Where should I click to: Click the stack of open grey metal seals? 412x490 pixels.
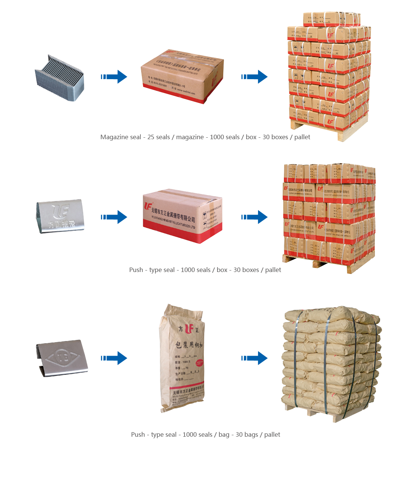tap(60, 78)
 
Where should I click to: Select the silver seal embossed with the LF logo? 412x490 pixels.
tap(60, 216)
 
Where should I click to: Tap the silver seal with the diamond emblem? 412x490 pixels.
tap(62, 358)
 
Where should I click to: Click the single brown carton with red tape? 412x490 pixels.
tap(182, 76)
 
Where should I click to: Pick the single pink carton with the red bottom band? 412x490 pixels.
tap(182, 216)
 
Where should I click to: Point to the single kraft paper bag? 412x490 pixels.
tap(182, 358)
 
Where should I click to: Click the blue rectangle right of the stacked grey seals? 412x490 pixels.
tap(114, 77)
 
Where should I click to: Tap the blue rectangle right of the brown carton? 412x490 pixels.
tap(254, 77)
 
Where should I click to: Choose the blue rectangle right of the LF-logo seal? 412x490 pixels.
tap(114, 217)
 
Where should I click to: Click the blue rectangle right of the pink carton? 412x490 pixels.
tap(254, 217)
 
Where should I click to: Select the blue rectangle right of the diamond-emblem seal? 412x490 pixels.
tap(114, 358)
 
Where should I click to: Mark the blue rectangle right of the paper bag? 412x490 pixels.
tap(254, 358)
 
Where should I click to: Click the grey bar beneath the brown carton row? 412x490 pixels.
tap(205, 138)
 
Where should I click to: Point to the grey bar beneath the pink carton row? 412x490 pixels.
tap(205, 270)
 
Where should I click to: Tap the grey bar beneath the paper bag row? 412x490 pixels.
tap(206, 435)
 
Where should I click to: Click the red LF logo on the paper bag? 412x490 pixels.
tap(189, 329)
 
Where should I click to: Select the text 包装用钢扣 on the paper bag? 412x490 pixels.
tap(189, 344)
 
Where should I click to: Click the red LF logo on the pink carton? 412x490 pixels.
tap(148, 206)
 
